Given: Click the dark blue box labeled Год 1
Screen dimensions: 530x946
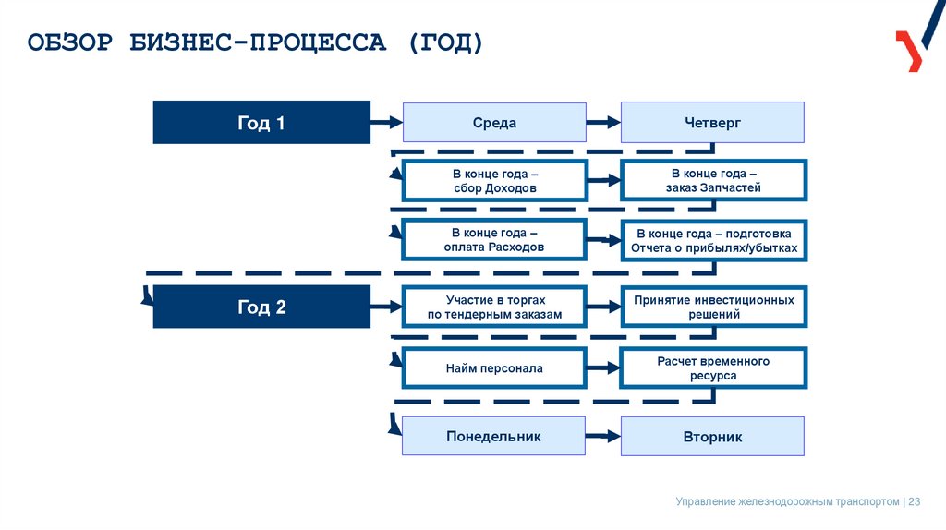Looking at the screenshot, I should coord(261,123).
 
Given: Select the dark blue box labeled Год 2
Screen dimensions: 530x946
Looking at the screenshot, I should coord(261,307).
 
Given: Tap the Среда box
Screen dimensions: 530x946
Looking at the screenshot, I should coord(493,123).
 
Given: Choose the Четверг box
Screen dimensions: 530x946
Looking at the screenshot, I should coord(712,123).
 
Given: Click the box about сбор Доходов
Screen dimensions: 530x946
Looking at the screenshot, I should coord(494,181).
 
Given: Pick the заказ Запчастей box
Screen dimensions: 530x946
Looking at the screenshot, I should coord(713,181).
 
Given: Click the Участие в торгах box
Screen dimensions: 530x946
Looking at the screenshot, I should coord(494,307).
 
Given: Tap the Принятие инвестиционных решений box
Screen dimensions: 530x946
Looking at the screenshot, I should coord(713,307).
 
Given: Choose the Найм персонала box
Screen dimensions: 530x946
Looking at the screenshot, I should coord(494,368).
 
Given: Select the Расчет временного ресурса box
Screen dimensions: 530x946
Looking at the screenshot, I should coord(713,368).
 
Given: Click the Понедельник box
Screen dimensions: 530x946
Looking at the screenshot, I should coord(493,436).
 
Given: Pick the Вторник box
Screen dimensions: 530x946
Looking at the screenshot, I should coord(712,436).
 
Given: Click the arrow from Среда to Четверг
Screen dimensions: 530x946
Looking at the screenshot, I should coord(602,122).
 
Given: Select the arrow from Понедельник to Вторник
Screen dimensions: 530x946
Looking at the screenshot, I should coord(602,436).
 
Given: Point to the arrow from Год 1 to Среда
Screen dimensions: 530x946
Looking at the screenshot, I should coord(385,122).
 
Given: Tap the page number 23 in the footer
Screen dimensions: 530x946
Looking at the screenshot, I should coord(915,501).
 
